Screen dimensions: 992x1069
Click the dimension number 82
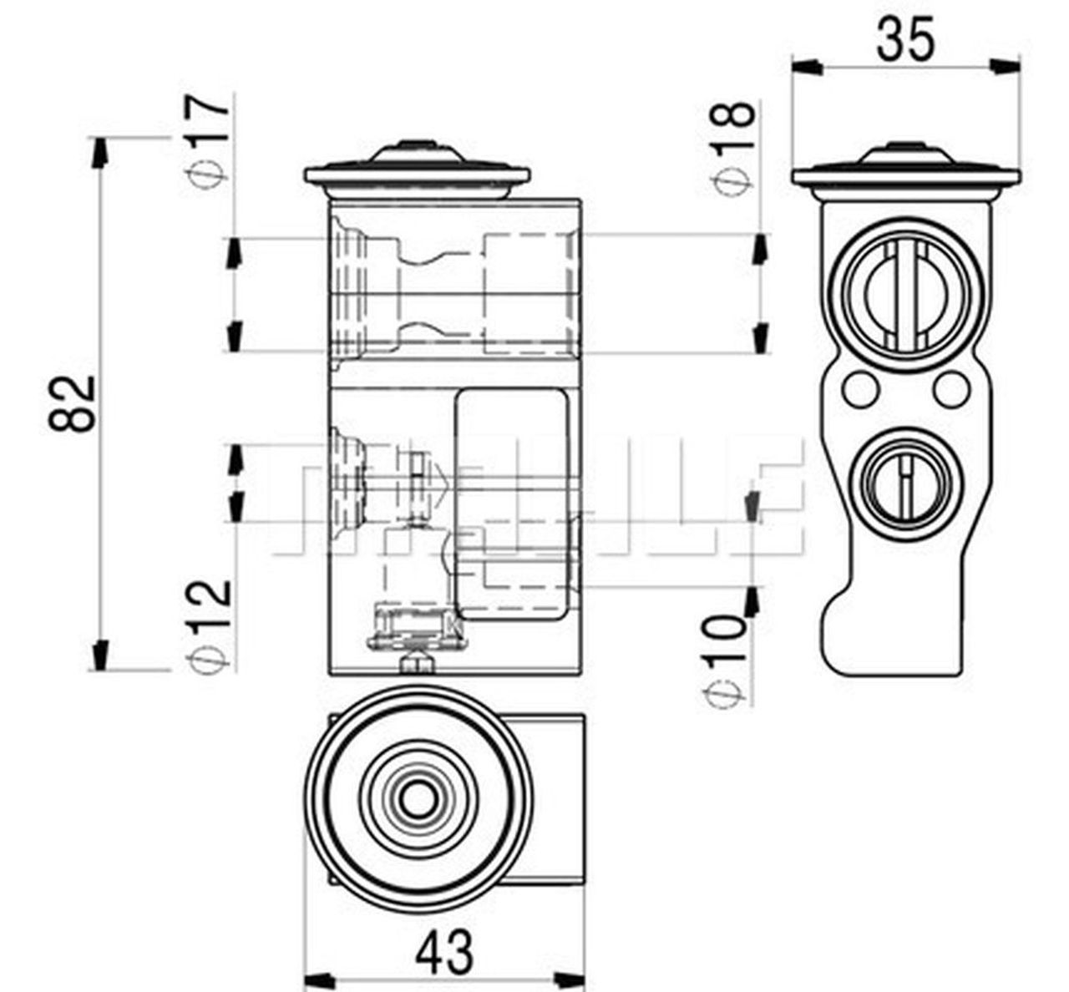[72, 402]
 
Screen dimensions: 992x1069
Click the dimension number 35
[905, 38]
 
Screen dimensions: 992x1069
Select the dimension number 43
[447, 953]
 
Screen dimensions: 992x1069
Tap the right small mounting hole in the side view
[951, 387]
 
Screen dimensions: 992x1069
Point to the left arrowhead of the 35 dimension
[804, 66]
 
